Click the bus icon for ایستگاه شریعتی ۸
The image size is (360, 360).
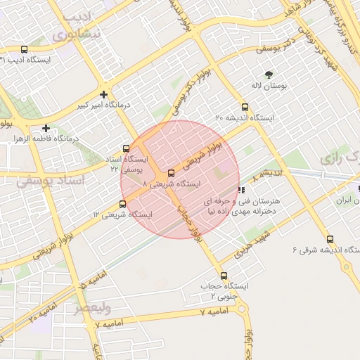(171, 173)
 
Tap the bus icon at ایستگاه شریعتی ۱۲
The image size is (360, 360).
(123, 204)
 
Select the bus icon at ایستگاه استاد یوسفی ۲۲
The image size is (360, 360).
(126, 148)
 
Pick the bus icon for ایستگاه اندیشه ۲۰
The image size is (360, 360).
(245, 108)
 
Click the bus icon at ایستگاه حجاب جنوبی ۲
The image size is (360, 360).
(224, 276)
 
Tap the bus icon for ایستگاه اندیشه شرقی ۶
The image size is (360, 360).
(330, 240)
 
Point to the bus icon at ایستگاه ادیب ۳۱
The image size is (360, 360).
(25, 50)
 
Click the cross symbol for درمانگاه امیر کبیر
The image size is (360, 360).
(104, 94)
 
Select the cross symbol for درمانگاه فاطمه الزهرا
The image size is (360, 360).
(46, 128)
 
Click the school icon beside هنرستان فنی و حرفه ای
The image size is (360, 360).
(242, 189)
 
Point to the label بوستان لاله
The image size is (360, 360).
(268, 85)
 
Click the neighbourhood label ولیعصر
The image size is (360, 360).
(92, 307)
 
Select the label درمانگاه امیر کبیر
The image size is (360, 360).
(104, 106)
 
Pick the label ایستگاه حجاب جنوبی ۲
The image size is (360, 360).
(224, 291)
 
